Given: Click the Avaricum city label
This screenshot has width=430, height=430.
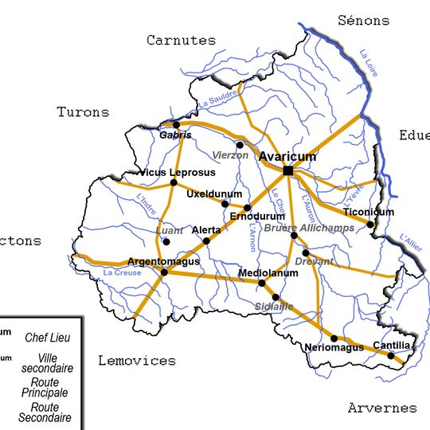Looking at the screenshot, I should (287, 157).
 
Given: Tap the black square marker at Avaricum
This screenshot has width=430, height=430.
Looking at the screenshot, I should (287, 170).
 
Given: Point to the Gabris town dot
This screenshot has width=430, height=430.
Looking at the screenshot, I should (176, 125).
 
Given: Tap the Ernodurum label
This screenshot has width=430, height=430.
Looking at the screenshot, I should (256, 217).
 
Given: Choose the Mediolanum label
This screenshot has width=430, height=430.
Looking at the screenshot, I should (268, 273).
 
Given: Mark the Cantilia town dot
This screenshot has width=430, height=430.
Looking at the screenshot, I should (391, 354).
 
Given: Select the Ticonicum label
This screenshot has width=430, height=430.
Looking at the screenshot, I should (368, 212).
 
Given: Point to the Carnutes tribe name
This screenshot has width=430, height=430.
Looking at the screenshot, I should (181, 40).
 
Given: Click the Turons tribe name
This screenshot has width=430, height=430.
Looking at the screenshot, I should (83, 112).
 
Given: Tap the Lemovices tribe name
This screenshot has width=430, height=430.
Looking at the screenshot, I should (136, 361).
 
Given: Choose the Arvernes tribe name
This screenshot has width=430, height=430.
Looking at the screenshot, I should (381, 408).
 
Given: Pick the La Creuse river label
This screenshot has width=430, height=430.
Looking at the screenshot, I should (123, 273).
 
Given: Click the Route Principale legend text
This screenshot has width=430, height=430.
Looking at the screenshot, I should (45, 387).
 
